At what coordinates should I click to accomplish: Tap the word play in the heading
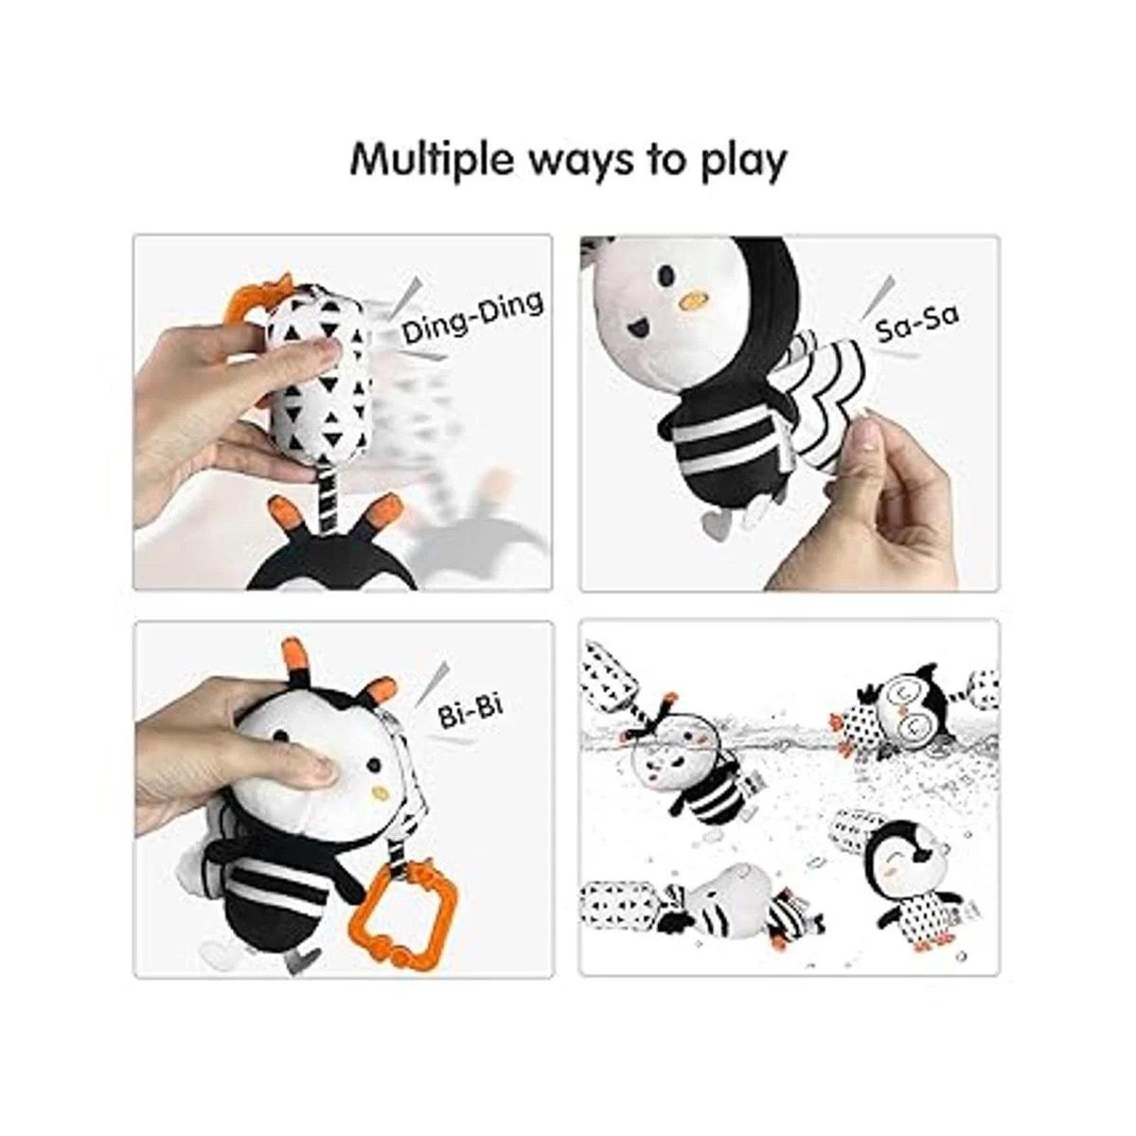point(743,160)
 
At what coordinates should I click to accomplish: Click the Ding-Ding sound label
point(472,317)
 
